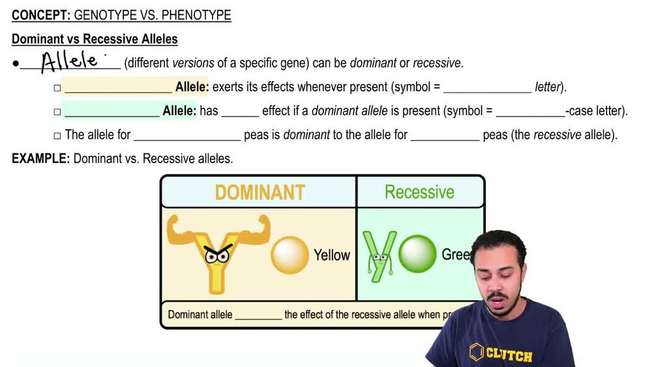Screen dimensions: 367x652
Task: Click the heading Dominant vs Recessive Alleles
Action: coord(95,39)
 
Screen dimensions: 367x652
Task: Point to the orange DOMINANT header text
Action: coord(259,192)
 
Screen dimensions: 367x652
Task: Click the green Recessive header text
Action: coord(419,192)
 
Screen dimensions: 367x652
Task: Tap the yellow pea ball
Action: coord(289,255)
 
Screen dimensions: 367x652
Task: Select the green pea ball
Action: coord(417,254)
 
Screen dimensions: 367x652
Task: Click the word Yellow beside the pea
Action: coord(332,255)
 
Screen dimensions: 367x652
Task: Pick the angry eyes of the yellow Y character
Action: coord(217,254)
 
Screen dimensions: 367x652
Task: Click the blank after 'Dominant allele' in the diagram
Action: coord(258,315)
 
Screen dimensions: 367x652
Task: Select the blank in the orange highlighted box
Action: coord(118,88)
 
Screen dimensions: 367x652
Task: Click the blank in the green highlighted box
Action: coord(111,112)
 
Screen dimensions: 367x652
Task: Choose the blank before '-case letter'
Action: coord(529,112)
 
